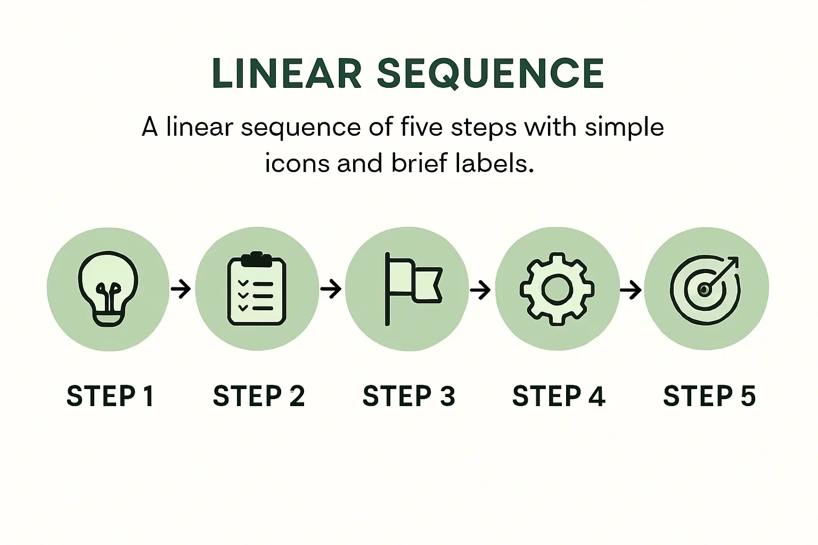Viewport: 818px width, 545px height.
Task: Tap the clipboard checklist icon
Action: tap(257, 288)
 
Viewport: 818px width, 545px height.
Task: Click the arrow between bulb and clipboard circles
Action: tap(181, 289)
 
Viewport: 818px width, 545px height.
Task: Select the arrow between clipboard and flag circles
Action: tap(331, 289)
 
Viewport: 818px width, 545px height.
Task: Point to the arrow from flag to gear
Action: tap(480, 290)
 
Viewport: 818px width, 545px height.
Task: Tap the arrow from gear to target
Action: tap(631, 290)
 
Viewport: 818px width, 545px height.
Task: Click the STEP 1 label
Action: tap(110, 395)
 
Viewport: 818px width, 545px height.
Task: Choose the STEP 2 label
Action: tap(258, 395)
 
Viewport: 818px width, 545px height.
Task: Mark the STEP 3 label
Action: tap(408, 395)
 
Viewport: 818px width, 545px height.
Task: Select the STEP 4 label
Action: tap(559, 395)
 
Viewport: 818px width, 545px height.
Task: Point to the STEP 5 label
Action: tap(709, 395)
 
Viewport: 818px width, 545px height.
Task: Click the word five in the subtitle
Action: tap(421, 127)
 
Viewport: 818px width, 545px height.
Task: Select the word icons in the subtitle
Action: tap(298, 163)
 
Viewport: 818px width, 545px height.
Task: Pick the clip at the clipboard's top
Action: tap(257, 259)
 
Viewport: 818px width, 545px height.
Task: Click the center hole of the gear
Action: tap(557, 289)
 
